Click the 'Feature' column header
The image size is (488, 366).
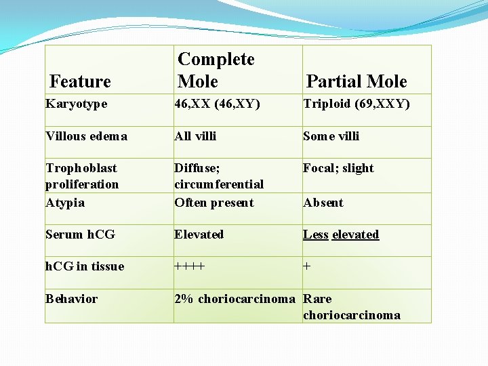click(80, 82)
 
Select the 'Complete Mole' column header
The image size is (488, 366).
click(216, 70)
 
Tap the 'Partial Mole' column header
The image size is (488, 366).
click(357, 82)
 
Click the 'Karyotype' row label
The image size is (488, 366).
click(76, 104)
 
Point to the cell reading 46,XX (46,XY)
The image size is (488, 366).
click(217, 104)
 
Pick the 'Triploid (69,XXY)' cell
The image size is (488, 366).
click(357, 104)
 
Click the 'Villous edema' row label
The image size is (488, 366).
click(86, 136)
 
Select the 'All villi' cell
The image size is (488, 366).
click(195, 136)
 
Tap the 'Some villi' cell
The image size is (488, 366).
click(331, 136)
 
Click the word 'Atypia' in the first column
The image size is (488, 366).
click(64, 202)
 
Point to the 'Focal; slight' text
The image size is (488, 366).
click(338, 168)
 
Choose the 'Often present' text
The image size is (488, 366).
click(213, 202)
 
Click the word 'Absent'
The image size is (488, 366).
click(323, 203)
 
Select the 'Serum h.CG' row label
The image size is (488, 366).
click(80, 235)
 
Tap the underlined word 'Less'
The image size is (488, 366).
click(316, 235)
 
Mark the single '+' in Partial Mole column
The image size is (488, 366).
click(307, 266)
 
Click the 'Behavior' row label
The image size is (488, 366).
click(71, 299)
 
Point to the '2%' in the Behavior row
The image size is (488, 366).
click(184, 299)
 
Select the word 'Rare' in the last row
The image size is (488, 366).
click(317, 299)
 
